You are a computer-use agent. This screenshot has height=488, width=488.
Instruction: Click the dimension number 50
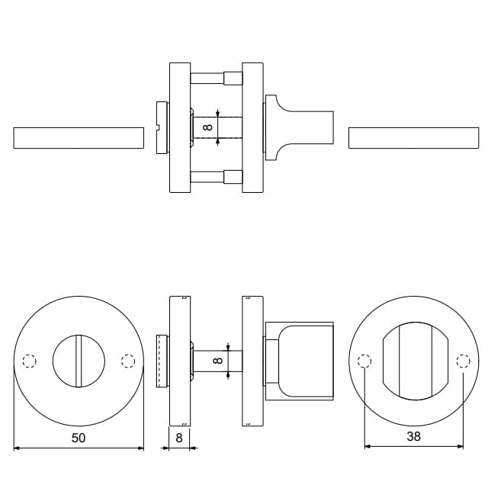coord(79,438)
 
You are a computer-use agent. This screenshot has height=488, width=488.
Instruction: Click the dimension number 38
coord(413,436)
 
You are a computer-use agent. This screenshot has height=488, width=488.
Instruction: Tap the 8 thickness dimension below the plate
coord(179,438)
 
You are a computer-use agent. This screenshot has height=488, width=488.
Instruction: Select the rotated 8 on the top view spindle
coord(207,127)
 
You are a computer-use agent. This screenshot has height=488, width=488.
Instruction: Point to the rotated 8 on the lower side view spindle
coord(218,361)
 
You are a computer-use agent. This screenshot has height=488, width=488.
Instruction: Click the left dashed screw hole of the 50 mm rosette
coord(30,361)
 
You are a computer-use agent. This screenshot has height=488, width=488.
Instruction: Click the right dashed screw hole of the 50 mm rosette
coord(128,361)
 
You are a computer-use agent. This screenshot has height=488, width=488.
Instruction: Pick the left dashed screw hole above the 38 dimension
coord(364,361)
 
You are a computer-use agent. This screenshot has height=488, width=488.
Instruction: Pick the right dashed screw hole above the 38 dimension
coord(463,361)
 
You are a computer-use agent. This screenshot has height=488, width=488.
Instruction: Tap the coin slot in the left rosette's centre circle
coord(79,361)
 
